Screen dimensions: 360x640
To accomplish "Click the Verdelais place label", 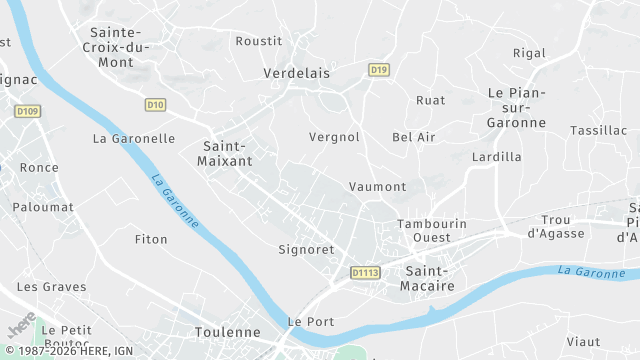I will [296, 73].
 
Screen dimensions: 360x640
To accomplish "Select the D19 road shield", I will [378, 69].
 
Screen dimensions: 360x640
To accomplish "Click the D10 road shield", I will [154, 104].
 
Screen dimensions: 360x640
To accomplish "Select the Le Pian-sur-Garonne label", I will [516, 107].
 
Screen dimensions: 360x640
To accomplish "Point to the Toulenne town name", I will [226, 332].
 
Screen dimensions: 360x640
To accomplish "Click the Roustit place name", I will [259, 41].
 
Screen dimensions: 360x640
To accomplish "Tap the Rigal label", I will [529, 53].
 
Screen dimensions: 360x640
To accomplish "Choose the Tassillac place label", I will [598, 131].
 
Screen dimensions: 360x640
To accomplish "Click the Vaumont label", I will [378, 187].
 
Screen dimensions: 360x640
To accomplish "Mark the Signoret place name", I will [305, 249].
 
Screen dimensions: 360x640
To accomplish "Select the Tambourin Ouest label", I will [432, 230].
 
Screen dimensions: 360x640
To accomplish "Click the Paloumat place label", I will [43, 207].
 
